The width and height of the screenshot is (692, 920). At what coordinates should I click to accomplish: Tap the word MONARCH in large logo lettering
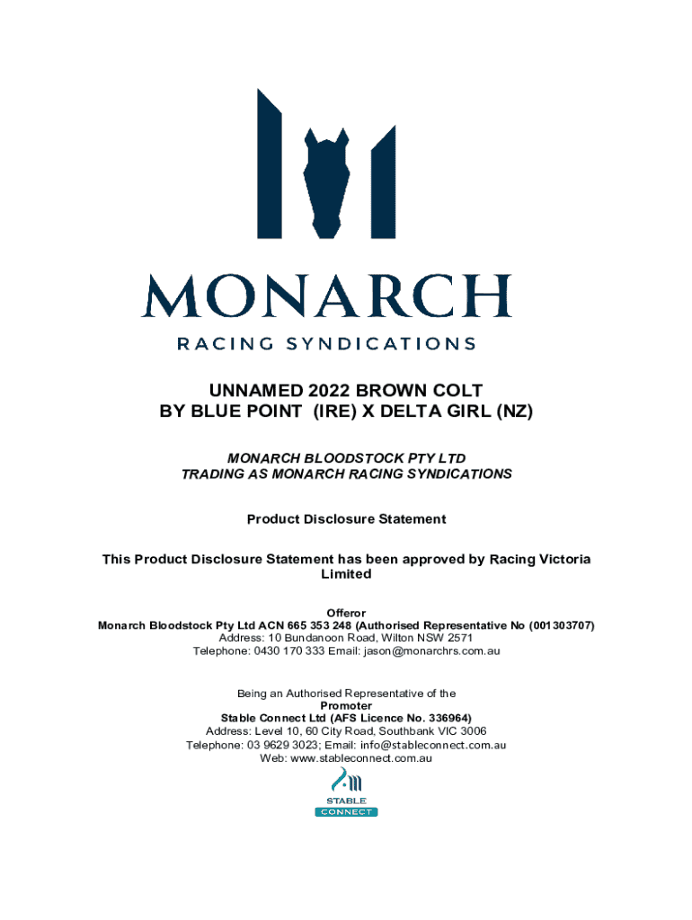[x=325, y=296]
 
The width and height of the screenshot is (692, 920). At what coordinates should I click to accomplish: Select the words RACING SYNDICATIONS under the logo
[x=326, y=343]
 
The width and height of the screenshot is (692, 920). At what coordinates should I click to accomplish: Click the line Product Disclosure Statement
[x=346, y=519]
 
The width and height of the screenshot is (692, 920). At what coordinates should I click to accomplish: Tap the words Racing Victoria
[x=540, y=559]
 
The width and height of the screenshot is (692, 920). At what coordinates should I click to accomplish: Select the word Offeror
[x=346, y=613]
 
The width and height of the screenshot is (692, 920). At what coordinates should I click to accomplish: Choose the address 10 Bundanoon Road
[x=301, y=638]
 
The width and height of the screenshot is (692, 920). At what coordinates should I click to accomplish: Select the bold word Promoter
[x=346, y=706]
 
